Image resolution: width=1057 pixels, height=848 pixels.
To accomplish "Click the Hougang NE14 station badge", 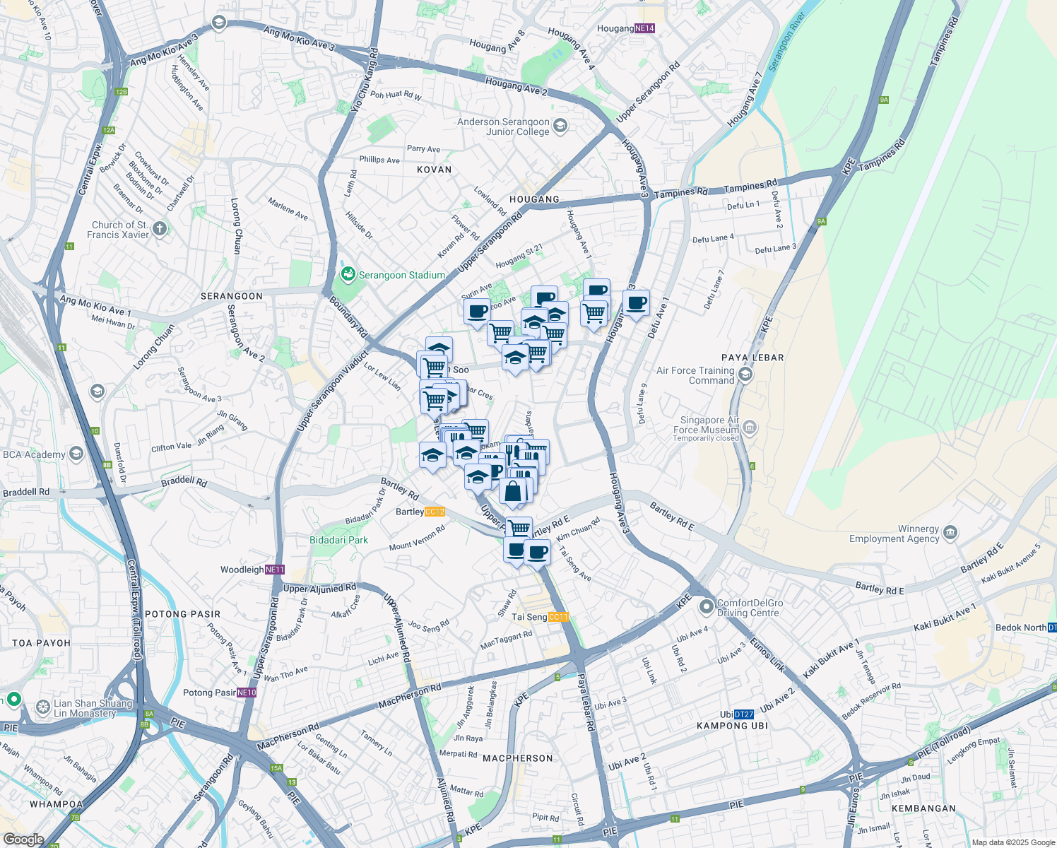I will tap(644, 29).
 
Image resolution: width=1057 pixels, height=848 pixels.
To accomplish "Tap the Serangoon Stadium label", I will tap(401, 275).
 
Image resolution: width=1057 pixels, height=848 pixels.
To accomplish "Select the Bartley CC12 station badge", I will tap(435, 512).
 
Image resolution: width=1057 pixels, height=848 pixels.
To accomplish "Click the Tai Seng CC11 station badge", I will tap(558, 617).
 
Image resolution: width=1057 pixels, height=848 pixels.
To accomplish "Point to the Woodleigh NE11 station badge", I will tap(275, 570).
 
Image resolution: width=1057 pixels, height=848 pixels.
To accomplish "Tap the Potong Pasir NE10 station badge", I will tap(247, 693).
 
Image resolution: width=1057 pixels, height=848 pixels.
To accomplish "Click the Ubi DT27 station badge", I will tap(743, 714).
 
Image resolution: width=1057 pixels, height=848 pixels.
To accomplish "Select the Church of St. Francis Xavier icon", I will tap(160, 228).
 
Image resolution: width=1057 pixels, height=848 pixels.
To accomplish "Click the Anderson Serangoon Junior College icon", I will tap(560, 126).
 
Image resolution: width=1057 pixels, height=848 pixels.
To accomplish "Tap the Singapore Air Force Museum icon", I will tap(750, 427).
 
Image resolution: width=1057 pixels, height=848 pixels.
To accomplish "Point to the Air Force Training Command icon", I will tap(745, 375).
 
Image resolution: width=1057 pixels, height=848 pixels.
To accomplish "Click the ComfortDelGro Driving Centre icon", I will tap(706, 607).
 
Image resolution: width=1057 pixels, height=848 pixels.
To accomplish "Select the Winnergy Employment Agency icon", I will tap(950, 533).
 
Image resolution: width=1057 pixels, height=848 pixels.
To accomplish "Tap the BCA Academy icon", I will tap(76, 454).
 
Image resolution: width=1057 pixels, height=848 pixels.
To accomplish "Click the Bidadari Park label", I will tap(338, 540).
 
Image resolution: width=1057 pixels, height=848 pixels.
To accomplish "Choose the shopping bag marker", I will tap(513, 491).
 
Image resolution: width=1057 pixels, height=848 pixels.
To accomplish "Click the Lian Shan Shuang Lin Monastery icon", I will tap(42, 707).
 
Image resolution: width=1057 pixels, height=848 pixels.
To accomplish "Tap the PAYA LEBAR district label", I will tap(752, 358).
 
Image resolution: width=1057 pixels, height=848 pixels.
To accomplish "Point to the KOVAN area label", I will tap(434, 170).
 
